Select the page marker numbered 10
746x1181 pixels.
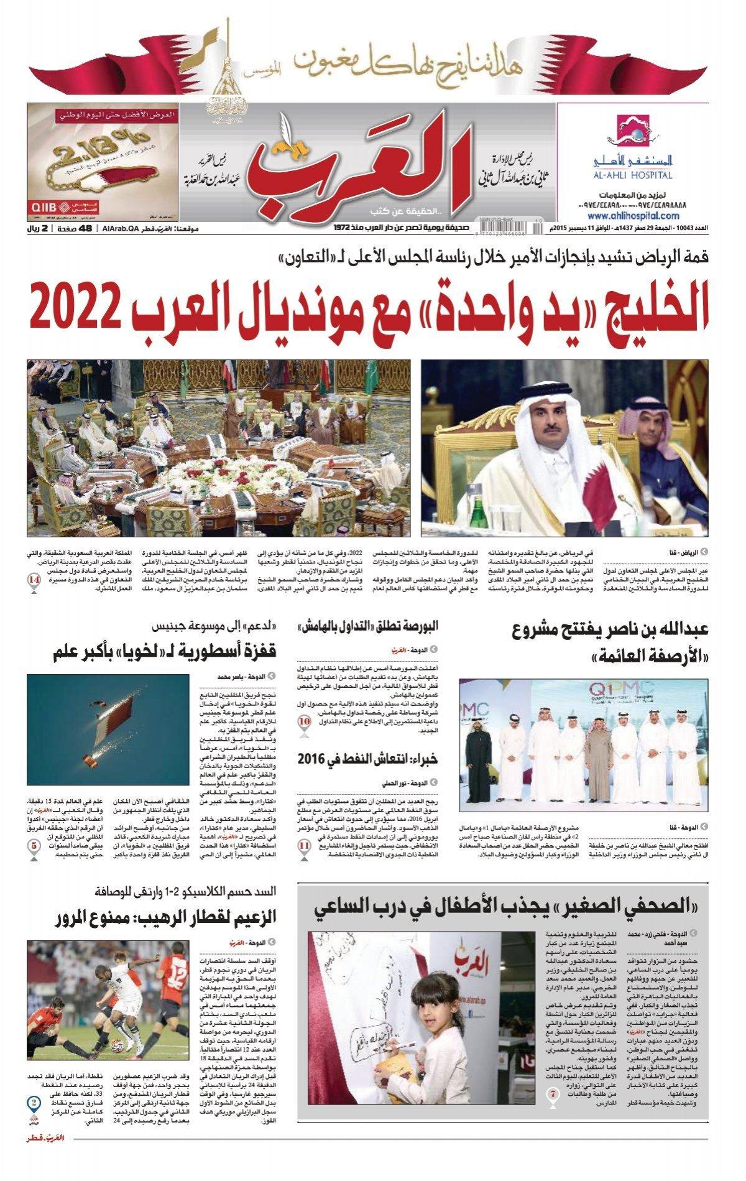click(x=305, y=723)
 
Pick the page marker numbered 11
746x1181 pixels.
click(x=304, y=846)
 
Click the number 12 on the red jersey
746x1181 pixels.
click(x=180, y=986)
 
